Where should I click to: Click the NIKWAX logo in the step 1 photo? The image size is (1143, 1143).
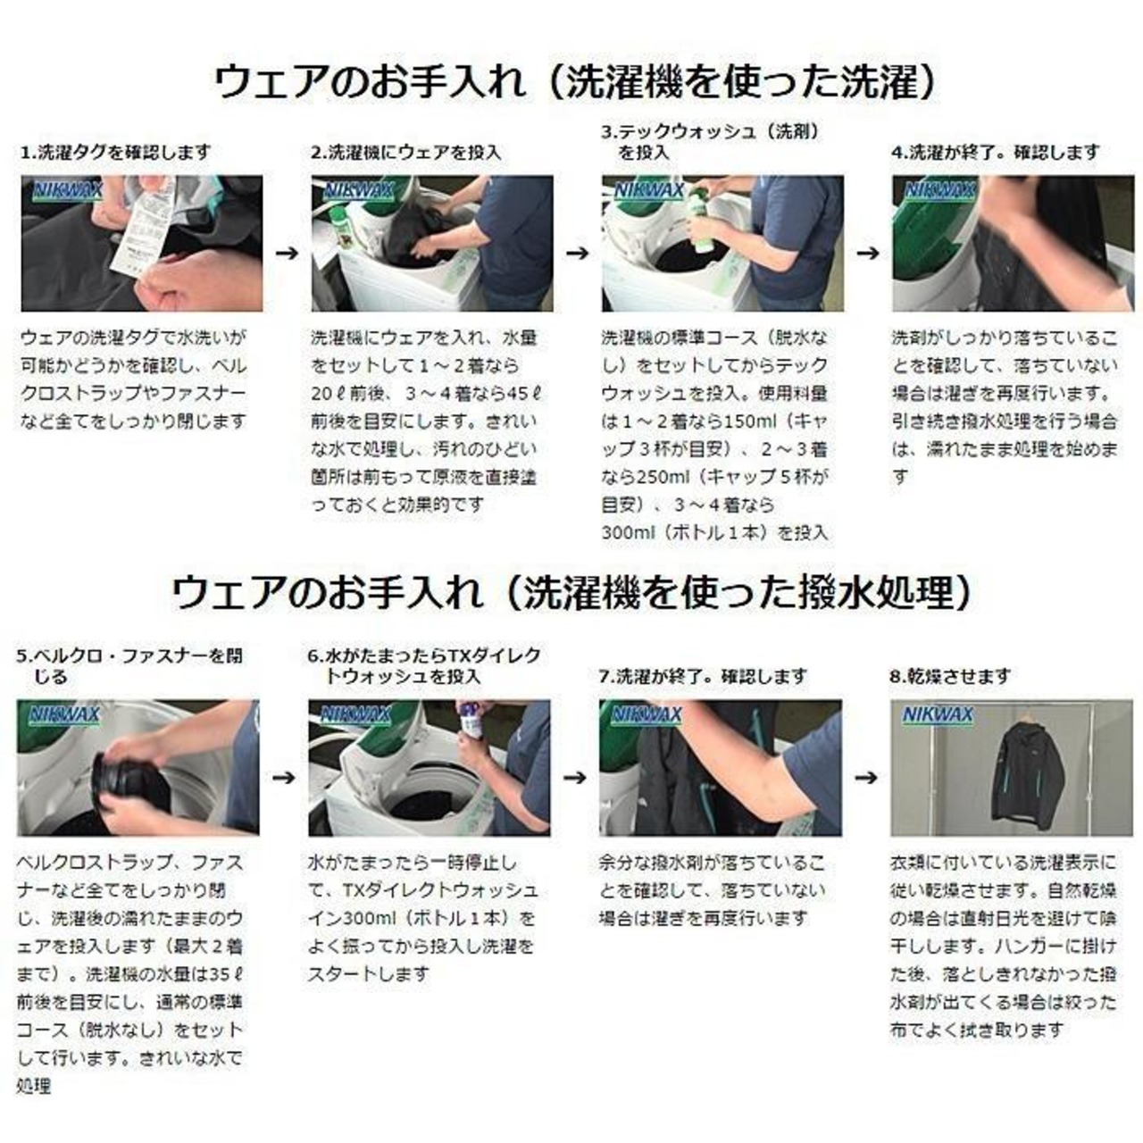click(x=68, y=190)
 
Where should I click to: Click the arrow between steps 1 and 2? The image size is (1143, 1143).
click(x=287, y=254)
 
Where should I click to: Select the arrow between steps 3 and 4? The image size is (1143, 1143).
click(x=867, y=254)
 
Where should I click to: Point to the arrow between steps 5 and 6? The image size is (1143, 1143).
click(x=284, y=777)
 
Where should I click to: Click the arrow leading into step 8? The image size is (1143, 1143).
click(x=866, y=777)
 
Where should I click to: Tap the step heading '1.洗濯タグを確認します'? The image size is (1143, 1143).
click(x=116, y=153)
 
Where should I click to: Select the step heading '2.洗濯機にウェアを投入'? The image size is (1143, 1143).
click(x=406, y=153)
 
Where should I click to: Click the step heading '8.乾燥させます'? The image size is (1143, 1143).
click(x=949, y=676)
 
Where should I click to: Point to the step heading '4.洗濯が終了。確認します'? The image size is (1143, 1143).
click(x=996, y=153)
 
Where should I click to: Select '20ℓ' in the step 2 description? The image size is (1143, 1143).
click(x=327, y=393)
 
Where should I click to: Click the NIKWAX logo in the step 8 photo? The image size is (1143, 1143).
click(x=938, y=714)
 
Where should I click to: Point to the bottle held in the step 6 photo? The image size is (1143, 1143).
click(x=472, y=723)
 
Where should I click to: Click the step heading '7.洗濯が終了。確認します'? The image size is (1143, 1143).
click(x=704, y=676)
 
